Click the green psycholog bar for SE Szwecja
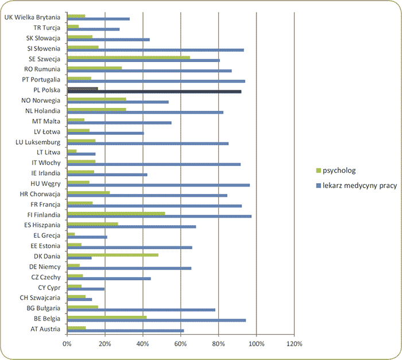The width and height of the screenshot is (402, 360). pos(128,57)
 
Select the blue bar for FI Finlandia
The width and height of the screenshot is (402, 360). pos(159,216)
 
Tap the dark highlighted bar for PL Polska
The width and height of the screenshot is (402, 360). pos(154,91)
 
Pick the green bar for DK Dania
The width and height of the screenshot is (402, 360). pos(113,254)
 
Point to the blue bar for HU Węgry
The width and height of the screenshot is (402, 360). pos(158,185)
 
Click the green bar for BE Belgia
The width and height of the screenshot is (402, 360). pos(107,317)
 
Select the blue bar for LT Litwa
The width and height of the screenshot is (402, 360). pos(81,154)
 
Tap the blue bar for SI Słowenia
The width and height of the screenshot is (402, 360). pos(155,50)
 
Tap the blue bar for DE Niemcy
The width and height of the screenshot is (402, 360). pos(129,268)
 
